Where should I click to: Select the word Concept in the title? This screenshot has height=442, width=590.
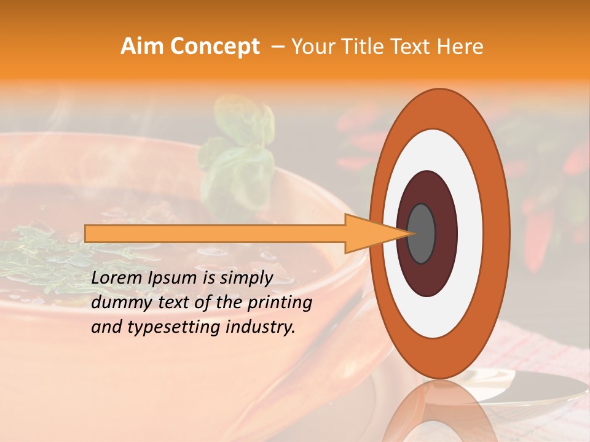tap(214, 47)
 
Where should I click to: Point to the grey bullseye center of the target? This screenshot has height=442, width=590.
tap(422, 233)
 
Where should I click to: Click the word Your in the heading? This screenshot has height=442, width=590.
tap(312, 47)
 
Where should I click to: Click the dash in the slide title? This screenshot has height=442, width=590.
tap(277, 47)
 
